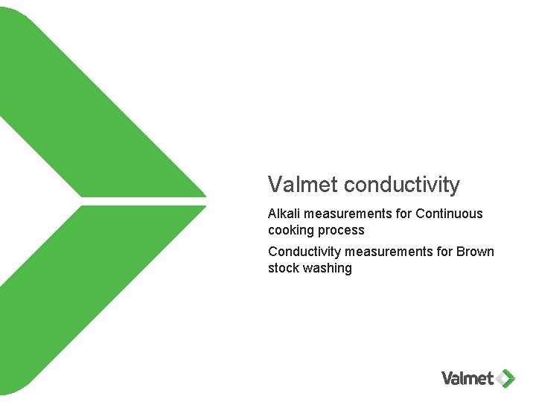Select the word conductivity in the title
[x=403, y=185]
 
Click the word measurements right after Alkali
[x=348, y=214]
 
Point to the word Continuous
[x=449, y=214]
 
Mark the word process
[x=342, y=230]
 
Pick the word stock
[x=284, y=268]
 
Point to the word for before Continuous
[x=403, y=214]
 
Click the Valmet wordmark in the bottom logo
[x=468, y=378]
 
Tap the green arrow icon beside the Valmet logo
[x=507, y=378]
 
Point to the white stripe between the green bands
[x=141, y=201]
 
